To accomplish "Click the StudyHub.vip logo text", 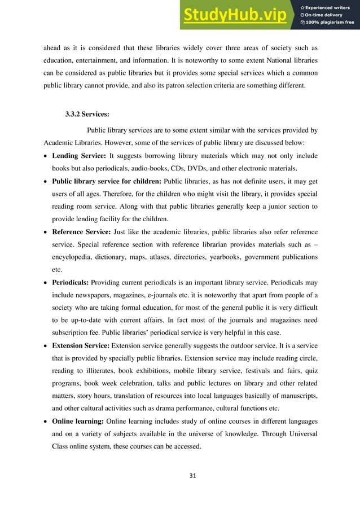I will [x=236, y=15].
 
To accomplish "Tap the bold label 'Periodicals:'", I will [x=71, y=282].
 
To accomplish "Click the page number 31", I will [x=180, y=476].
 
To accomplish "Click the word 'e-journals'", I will [x=165, y=295].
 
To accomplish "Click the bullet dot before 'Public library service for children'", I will [x=46, y=182].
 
